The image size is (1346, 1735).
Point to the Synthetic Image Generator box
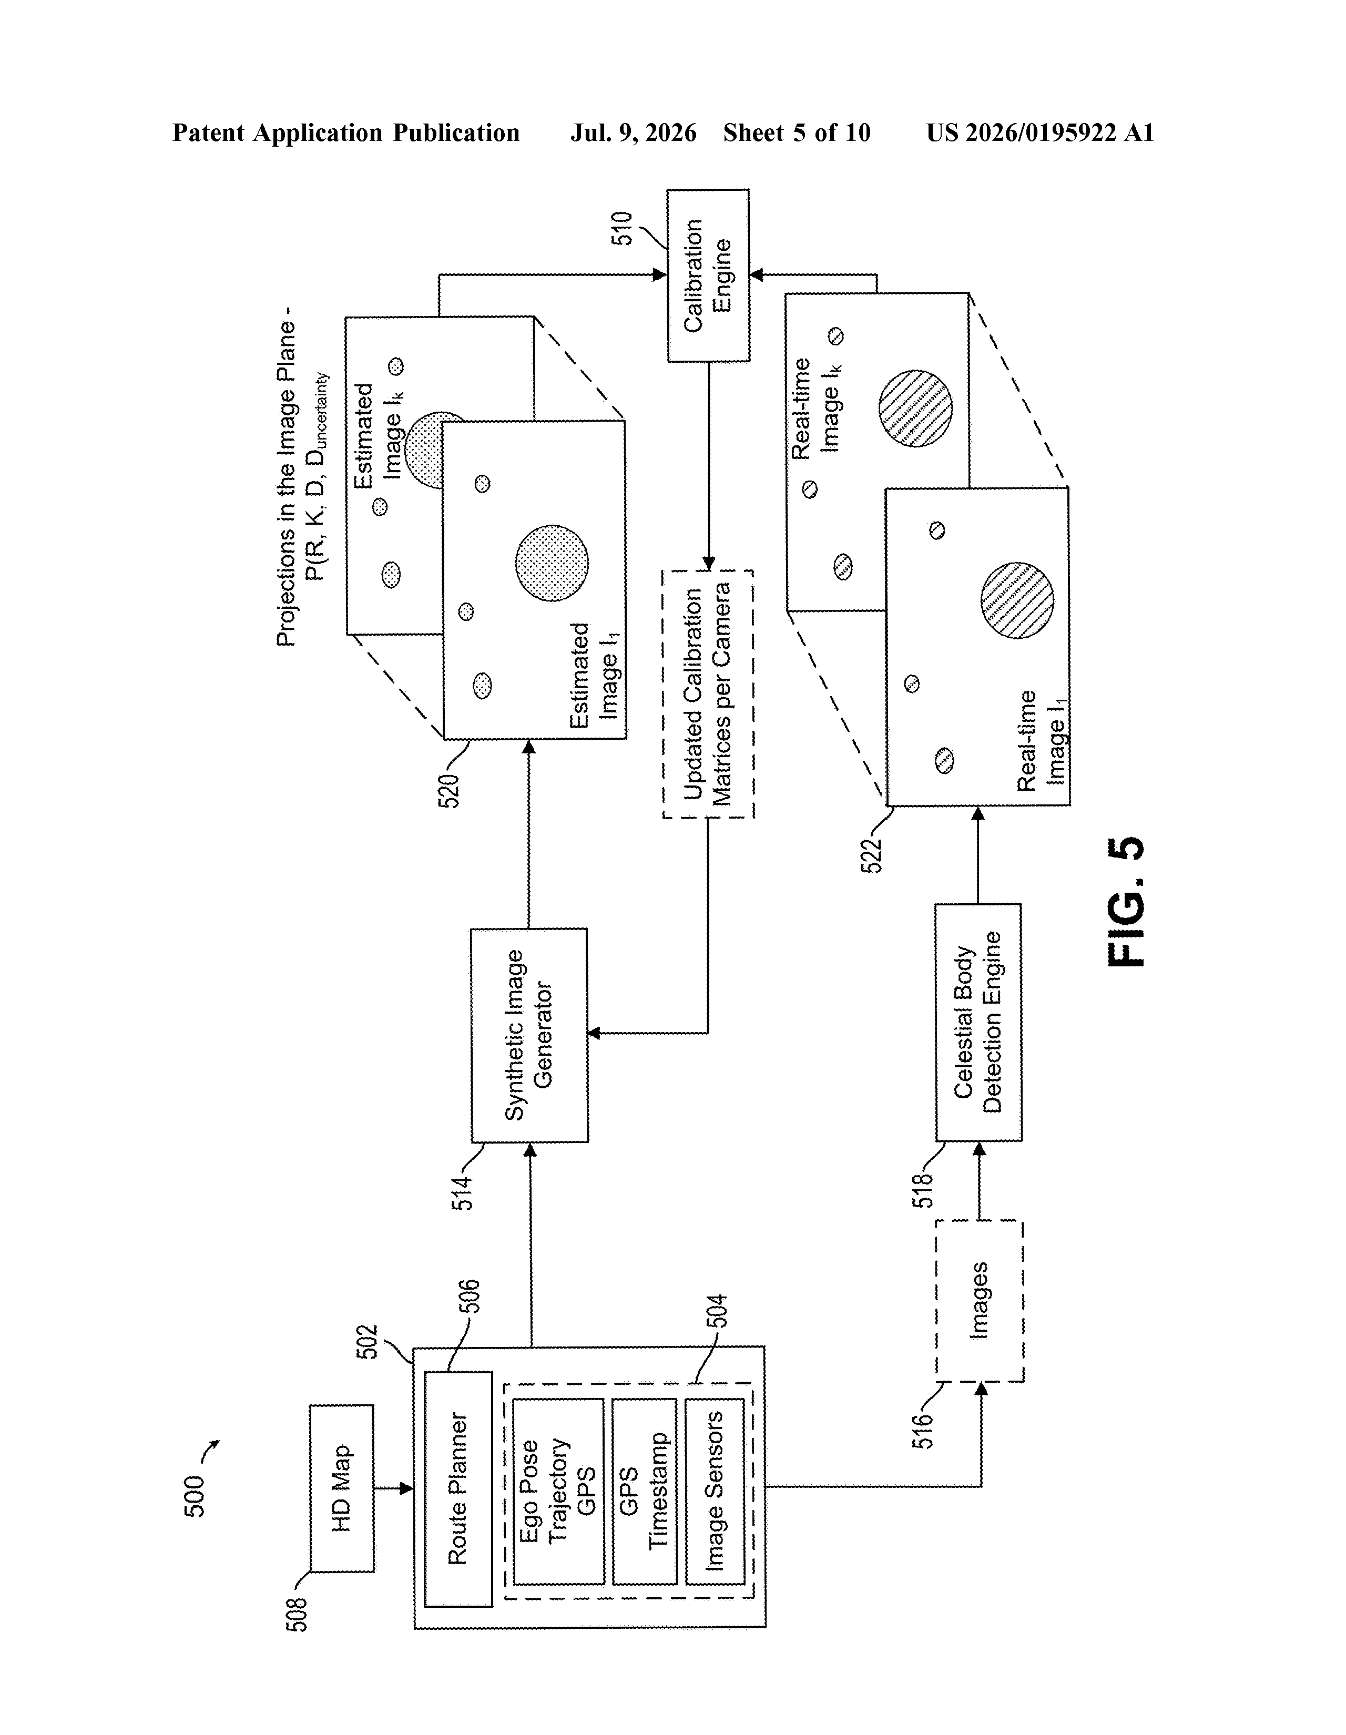click(x=529, y=1035)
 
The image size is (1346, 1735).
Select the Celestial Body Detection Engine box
click(x=978, y=1023)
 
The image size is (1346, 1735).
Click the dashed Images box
click(x=979, y=1300)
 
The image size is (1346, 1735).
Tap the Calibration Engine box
click(x=708, y=275)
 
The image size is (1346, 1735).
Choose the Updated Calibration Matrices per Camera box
click(x=708, y=693)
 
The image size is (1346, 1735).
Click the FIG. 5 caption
click(x=1125, y=902)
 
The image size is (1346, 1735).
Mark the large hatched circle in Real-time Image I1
click(x=1017, y=600)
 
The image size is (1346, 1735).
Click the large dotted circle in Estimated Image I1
click(x=552, y=563)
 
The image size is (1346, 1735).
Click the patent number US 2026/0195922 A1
click(x=1040, y=132)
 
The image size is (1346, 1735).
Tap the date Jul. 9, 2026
click(x=633, y=132)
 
